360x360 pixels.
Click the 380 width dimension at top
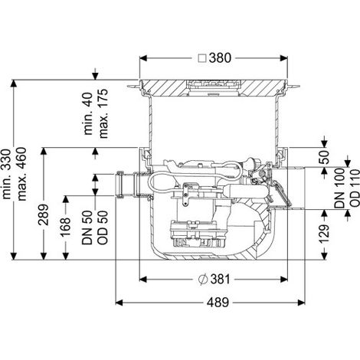(x=220, y=58)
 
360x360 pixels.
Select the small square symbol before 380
(x=202, y=58)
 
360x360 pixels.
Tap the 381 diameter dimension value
(x=220, y=280)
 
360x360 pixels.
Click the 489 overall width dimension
(x=218, y=303)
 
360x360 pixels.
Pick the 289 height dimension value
(x=44, y=214)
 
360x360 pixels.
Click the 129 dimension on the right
(x=324, y=234)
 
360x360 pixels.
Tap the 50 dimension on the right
(x=324, y=157)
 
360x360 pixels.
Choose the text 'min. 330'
(x=6, y=174)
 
